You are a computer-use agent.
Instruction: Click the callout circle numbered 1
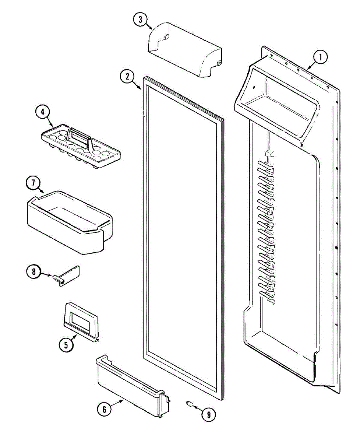(320, 57)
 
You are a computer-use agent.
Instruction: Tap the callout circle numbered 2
(127, 77)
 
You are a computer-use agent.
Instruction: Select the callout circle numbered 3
(140, 20)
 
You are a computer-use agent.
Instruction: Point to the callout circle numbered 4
(43, 111)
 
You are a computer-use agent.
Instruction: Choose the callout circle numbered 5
(66, 345)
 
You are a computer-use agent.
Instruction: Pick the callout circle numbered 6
(104, 409)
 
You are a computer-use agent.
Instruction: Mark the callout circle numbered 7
(33, 183)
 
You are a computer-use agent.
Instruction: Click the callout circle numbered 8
(33, 272)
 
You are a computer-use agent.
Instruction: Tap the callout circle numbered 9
(209, 415)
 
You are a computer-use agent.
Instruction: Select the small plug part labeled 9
(190, 404)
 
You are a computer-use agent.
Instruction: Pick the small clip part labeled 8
(68, 274)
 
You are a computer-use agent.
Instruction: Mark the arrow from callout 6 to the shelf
(118, 403)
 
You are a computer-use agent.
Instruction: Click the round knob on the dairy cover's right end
(220, 63)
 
